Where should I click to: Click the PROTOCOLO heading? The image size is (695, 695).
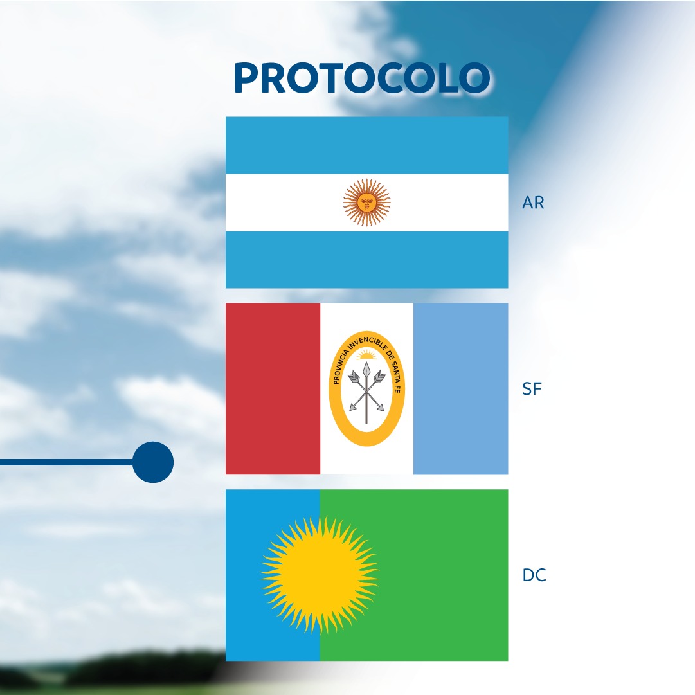tap(362, 78)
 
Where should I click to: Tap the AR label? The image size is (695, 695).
tap(533, 203)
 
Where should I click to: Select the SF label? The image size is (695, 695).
tap(532, 389)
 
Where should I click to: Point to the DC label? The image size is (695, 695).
tap(534, 575)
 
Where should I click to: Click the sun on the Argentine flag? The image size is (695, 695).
tap(366, 203)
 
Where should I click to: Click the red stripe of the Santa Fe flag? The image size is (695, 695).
tap(273, 389)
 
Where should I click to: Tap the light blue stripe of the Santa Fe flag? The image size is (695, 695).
tap(460, 389)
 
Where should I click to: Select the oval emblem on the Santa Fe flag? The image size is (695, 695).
tap(366, 388)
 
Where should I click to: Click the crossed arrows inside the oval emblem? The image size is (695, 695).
tap(366, 392)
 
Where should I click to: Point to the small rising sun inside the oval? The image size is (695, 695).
tap(366, 354)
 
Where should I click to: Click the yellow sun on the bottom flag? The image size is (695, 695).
tap(320, 574)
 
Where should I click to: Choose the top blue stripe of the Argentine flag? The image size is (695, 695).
tap(366, 145)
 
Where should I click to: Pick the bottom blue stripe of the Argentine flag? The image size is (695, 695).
tap(366, 260)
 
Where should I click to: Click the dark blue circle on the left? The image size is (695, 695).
tap(153, 462)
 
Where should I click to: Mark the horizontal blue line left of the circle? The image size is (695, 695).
tap(66, 462)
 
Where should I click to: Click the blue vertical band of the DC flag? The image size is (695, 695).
tap(273, 575)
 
